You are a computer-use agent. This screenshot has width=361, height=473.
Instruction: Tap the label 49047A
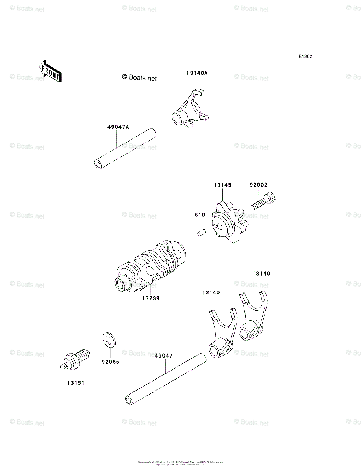coord(118,127)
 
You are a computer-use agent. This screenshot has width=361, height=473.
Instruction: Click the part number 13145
coord(222,185)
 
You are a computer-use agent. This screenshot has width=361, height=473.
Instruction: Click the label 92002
coord(258,184)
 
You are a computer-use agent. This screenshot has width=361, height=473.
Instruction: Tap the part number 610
coord(200,215)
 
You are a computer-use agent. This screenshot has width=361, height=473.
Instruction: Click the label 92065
coord(110,361)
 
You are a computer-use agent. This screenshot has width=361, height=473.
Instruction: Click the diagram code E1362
coord(305,56)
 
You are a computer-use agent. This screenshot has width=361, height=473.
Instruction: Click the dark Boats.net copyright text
coord(139,78)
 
